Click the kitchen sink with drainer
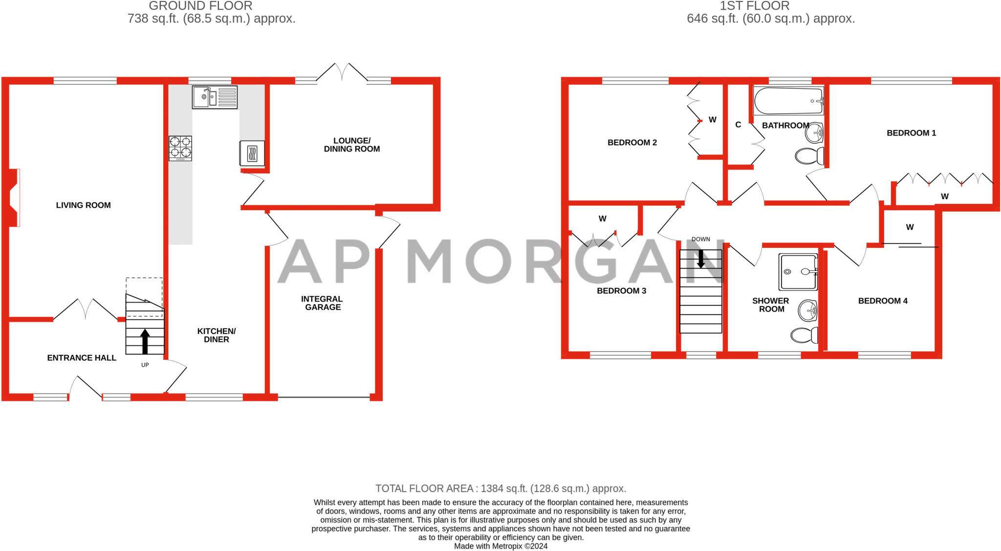point(215,97)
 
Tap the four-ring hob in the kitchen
point(180,148)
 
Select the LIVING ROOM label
point(83,205)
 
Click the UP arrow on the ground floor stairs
point(145,341)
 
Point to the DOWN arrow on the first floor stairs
point(700,259)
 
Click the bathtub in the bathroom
point(788,101)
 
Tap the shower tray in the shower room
point(798,272)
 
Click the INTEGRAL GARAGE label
point(322,303)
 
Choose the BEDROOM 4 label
point(883,301)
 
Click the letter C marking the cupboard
point(738,125)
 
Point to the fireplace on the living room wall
point(14,198)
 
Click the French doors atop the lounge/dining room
point(342,72)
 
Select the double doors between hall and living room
point(85,309)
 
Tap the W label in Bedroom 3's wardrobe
point(602,219)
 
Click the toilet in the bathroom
point(809,156)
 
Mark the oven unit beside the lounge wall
point(252,153)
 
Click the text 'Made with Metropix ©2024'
point(500,546)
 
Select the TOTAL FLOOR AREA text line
point(500,488)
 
